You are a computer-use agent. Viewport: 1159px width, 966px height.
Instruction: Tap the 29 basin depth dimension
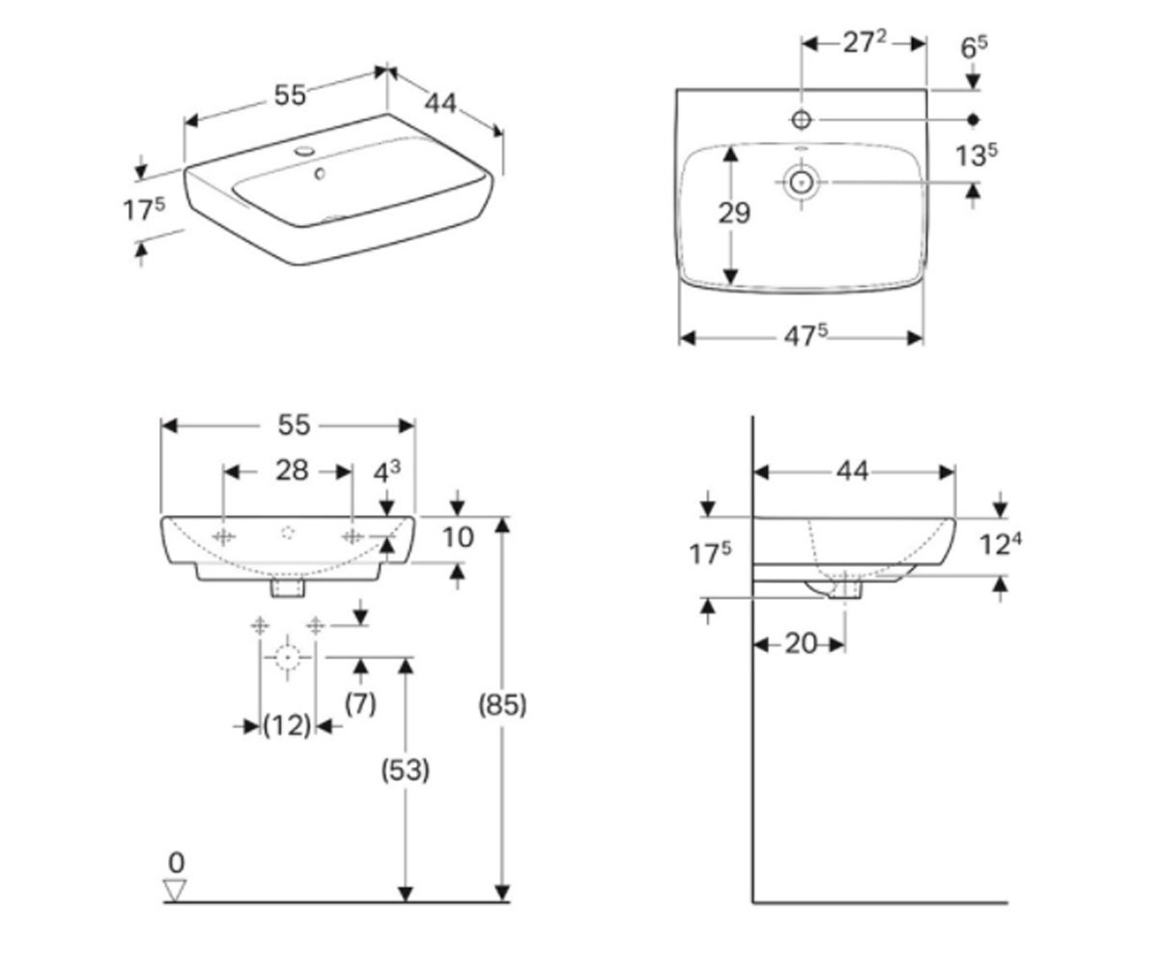click(x=734, y=213)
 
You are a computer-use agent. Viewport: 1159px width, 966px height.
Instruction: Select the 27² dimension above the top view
click(x=864, y=43)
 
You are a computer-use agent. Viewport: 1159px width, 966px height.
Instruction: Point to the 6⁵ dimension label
click(x=975, y=47)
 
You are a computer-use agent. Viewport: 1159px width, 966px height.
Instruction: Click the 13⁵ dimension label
click(x=975, y=156)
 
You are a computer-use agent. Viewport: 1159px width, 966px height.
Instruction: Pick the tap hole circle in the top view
click(x=801, y=120)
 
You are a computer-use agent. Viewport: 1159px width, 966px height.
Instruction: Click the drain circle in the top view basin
click(x=801, y=183)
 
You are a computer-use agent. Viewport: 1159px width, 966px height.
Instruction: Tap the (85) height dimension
click(x=502, y=705)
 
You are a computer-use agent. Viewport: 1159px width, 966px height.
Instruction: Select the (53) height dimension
click(x=406, y=771)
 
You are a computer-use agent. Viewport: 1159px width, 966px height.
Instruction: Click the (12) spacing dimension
click(x=287, y=725)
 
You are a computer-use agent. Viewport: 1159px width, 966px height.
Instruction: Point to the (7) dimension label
click(x=361, y=704)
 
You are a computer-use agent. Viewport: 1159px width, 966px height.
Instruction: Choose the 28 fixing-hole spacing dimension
click(x=293, y=470)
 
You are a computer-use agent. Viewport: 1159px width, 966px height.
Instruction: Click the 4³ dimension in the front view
click(x=387, y=472)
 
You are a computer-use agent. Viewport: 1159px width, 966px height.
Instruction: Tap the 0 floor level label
click(x=177, y=863)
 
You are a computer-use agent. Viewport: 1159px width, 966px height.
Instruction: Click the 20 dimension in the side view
click(x=801, y=644)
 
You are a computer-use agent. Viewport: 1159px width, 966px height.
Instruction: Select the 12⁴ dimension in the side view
click(x=1001, y=545)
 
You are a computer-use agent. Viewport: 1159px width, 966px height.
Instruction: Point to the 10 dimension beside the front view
click(x=458, y=537)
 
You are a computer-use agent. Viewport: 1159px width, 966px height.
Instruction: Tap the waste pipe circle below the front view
click(x=287, y=657)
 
